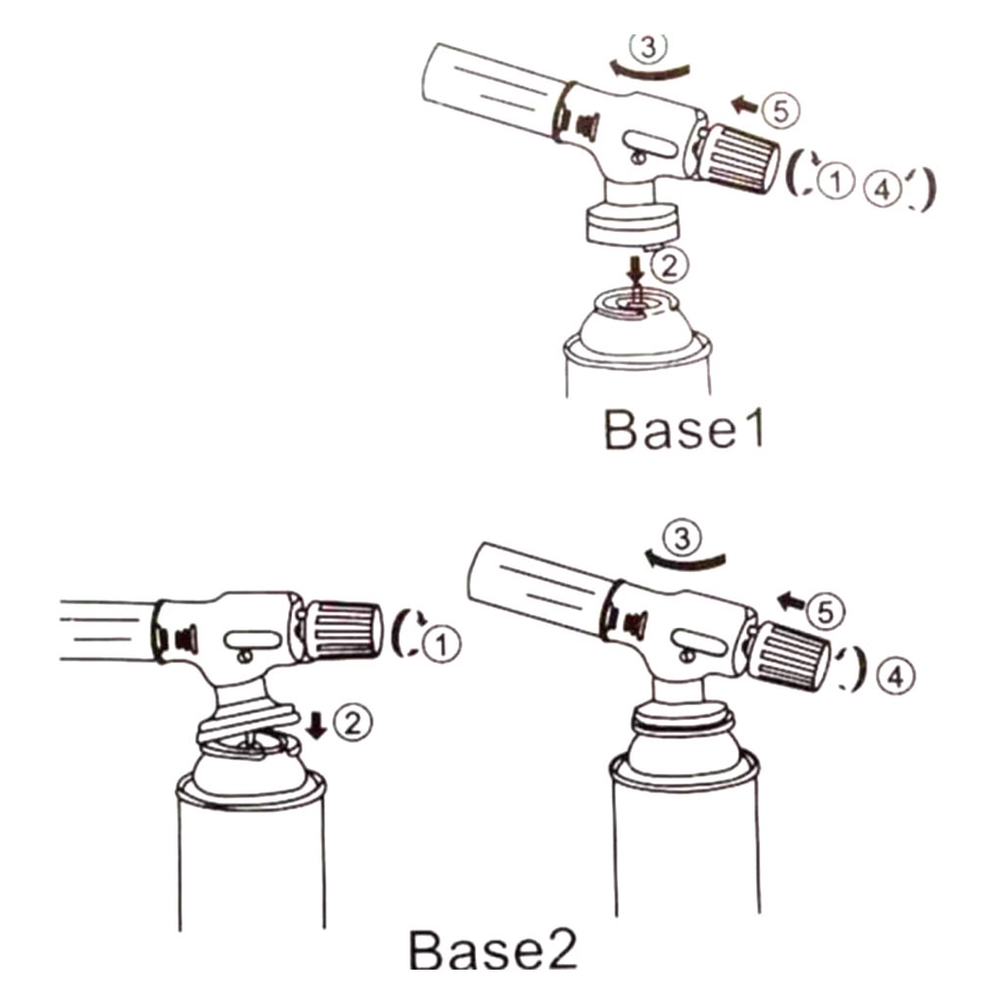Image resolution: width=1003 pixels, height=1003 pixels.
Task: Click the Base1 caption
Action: point(684,429)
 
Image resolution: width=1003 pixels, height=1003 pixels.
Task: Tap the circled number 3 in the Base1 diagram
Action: point(648,46)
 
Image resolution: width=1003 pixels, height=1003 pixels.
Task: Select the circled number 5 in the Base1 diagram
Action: point(781,110)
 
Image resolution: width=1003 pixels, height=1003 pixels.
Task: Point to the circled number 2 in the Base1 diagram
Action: point(669,264)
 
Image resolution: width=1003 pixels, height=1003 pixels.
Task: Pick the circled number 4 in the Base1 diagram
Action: point(883,189)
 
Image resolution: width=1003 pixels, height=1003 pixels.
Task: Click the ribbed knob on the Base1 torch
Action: point(739,158)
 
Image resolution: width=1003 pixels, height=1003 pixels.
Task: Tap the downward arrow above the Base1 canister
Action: point(635,270)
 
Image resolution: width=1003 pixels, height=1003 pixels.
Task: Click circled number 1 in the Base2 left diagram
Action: point(442,645)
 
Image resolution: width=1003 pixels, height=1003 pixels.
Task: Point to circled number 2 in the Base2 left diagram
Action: point(353,722)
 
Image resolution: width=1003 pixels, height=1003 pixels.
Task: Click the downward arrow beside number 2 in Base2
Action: point(316,726)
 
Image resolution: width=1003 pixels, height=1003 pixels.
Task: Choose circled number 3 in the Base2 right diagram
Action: point(682,537)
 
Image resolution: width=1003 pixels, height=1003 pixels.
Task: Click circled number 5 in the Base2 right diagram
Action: point(826,611)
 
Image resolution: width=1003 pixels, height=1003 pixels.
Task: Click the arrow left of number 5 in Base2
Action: point(791,600)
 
